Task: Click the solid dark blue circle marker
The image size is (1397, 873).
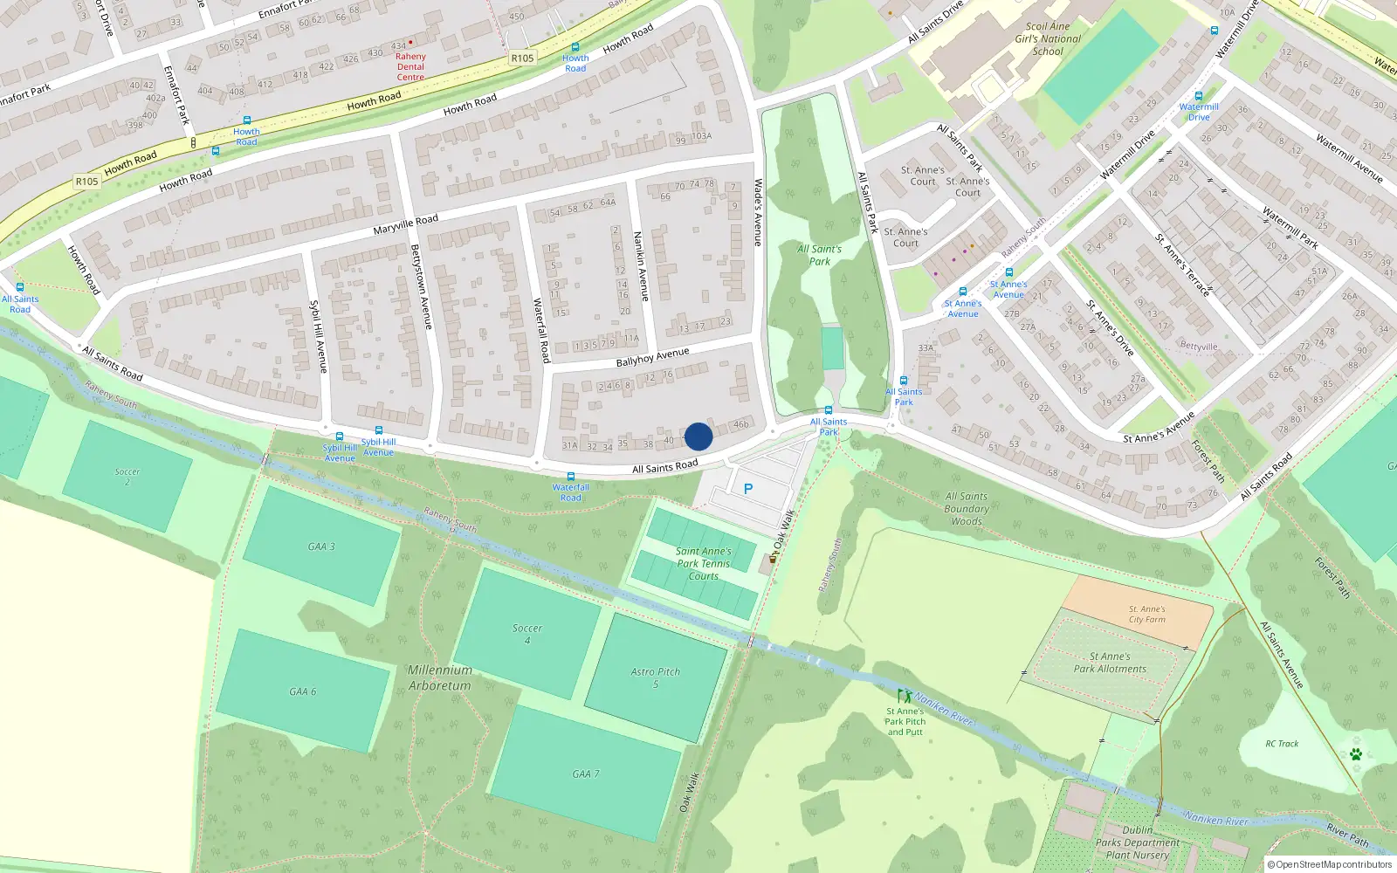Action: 698,436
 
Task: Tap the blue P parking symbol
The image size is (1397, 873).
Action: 748,489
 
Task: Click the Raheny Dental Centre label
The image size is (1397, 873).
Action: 410,66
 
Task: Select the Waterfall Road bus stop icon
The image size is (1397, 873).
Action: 571,477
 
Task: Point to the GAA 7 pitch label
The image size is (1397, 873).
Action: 586,774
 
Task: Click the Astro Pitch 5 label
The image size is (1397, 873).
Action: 656,677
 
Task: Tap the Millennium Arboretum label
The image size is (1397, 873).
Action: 440,677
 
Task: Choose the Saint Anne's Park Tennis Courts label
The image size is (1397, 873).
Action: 703,563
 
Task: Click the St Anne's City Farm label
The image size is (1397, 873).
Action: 1146,615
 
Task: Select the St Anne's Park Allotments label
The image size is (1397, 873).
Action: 1110,663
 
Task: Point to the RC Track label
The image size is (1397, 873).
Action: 1282,744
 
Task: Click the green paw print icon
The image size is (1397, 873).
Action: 1356,753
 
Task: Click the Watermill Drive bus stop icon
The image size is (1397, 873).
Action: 1199,96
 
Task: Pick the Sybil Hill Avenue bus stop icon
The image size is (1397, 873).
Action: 340,436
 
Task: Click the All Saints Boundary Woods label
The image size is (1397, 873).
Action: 967,509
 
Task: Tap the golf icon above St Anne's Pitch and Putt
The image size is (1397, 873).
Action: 904,697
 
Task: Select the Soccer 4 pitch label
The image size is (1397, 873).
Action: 527,634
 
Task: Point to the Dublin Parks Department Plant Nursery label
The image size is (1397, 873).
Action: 1138,842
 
